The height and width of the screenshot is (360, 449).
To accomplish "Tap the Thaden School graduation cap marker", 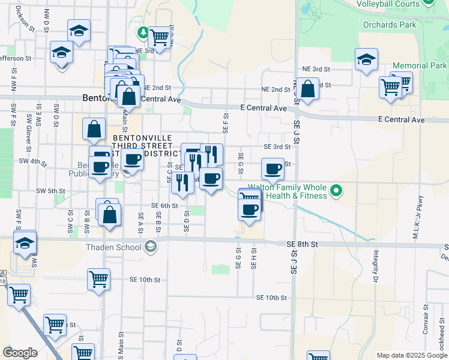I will (x=150, y=245).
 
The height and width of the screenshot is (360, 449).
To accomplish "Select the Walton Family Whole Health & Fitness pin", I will (x=337, y=191).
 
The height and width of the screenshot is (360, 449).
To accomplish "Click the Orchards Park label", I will (x=389, y=25).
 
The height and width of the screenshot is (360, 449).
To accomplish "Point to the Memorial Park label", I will (x=420, y=65).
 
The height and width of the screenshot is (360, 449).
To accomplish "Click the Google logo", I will (x=20, y=353).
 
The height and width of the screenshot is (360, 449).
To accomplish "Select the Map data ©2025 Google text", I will (x=412, y=355).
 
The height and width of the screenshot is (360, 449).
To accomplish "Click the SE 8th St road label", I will (x=302, y=244).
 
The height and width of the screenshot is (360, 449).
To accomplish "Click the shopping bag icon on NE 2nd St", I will (x=307, y=89).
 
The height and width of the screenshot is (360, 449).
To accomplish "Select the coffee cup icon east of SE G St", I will (x=273, y=169).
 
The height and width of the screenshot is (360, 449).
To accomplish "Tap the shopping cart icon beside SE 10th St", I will (x=98, y=278).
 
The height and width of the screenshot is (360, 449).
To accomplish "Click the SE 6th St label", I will (x=164, y=205).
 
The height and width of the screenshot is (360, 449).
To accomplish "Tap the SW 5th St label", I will (x=50, y=191).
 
